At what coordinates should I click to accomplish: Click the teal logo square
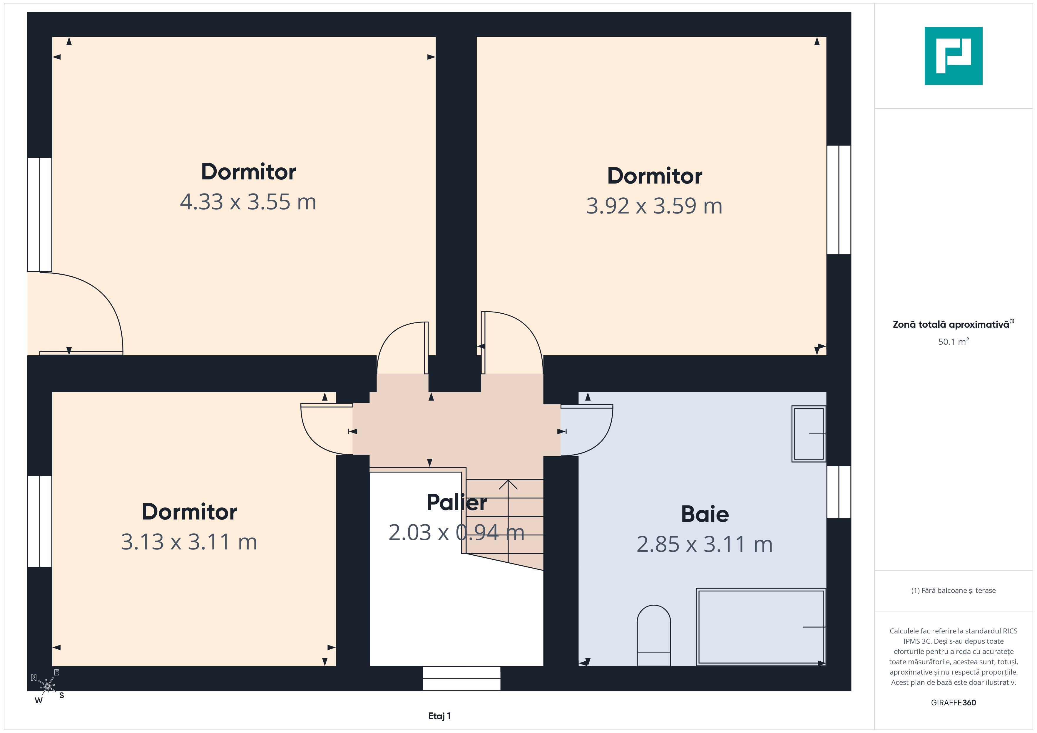tap(954, 56)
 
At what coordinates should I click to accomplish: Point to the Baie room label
tap(705, 514)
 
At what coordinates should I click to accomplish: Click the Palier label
tap(456, 502)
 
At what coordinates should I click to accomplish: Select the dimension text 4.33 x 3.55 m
tap(248, 202)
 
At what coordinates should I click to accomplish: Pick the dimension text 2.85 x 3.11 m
tap(705, 544)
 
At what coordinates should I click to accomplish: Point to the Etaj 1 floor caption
tap(439, 716)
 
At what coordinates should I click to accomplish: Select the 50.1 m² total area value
tap(954, 342)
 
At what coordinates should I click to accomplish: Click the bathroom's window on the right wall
tap(839, 492)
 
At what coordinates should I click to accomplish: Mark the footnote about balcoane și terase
tap(954, 590)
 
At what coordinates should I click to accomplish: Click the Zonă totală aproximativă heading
tap(954, 324)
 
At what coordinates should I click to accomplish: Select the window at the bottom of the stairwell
tap(461, 678)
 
